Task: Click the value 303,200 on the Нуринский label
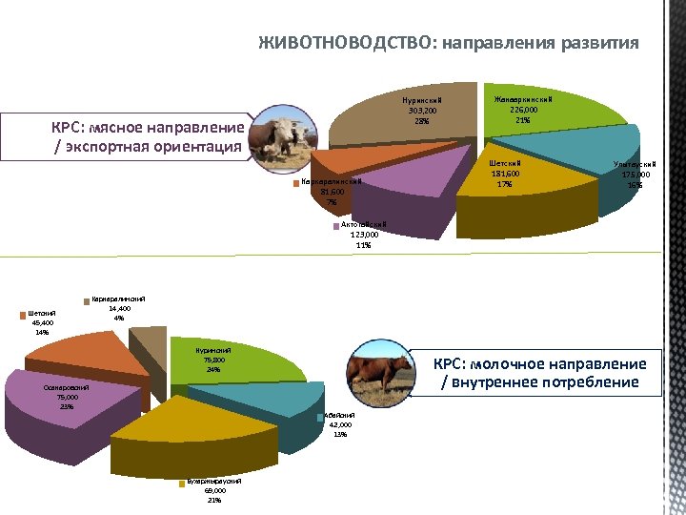pos(420,110)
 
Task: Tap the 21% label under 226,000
pos(522,120)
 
